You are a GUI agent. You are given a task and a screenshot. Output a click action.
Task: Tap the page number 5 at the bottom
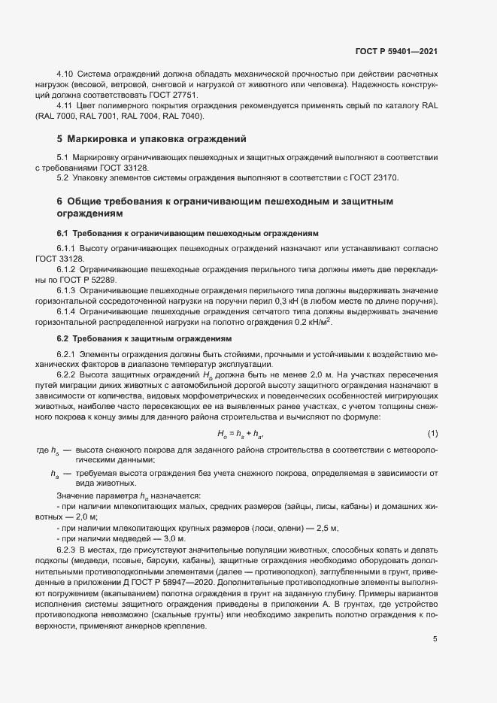[435, 640]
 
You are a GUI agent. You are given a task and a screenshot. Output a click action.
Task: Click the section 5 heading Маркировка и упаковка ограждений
[150, 140]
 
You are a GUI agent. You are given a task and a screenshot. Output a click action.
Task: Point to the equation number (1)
[432, 434]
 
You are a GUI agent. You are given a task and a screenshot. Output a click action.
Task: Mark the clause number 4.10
[65, 75]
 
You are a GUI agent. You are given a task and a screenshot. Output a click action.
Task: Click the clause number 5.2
[62, 179]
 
